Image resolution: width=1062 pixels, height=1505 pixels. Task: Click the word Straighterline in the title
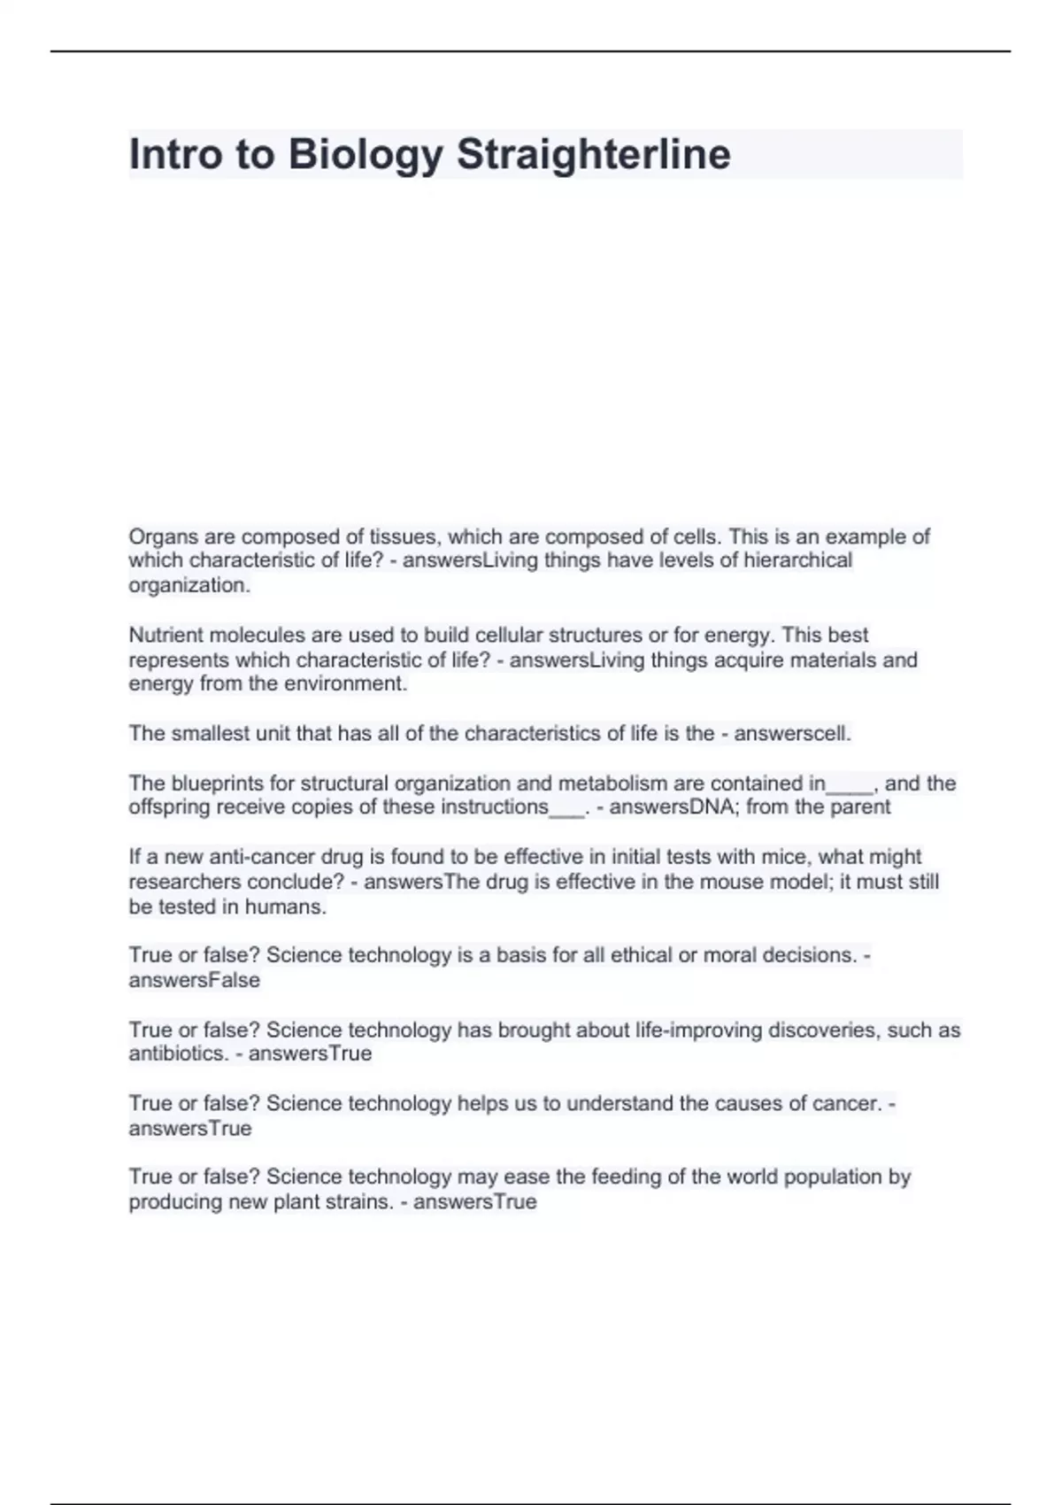(594, 155)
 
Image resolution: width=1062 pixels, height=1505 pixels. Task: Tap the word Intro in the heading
(173, 155)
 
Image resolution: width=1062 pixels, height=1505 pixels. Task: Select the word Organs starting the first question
(160, 536)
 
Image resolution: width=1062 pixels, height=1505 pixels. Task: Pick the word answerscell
(793, 734)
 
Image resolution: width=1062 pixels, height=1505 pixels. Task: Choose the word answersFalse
(195, 980)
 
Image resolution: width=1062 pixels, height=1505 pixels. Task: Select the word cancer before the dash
(848, 1104)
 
